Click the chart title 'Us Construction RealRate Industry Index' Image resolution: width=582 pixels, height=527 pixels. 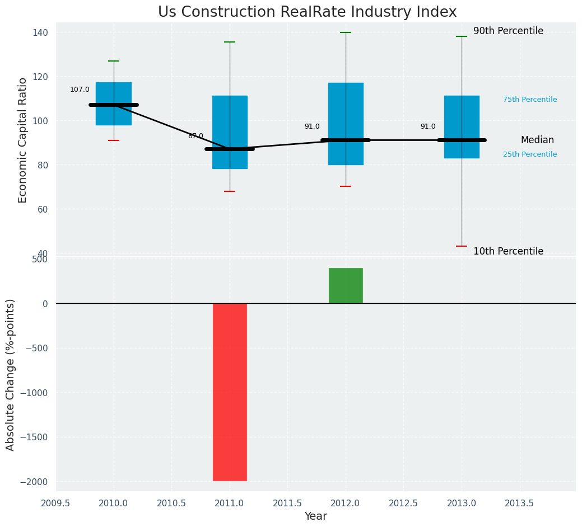click(x=307, y=12)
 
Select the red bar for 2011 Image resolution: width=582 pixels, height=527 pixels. click(x=230, y=392)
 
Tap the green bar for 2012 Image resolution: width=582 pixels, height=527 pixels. click(x=346, y=286)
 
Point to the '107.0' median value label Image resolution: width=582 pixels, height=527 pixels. click(x=80, y=90)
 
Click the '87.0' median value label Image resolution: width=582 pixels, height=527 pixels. click(x=195, y=136)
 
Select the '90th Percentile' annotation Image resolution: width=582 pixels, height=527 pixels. click(x=508, y=31)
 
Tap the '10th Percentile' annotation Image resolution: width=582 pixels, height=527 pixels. click(x=508, y=251)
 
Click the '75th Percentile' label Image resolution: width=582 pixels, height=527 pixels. click(x=530, y=100)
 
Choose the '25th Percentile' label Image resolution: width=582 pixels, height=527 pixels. click(x=530, y=154)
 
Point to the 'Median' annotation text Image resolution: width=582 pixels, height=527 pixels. click(x=537, y=140)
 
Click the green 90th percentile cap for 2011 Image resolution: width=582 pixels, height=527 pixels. click(x=230, y=42)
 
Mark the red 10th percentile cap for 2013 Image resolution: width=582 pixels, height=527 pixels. click(x=462, y=246)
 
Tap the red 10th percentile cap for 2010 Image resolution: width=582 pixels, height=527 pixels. click(x=114, y=140)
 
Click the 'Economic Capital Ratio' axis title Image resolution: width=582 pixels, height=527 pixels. click(x=23, y=140)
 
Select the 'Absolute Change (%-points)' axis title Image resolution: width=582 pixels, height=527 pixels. click(x=11, y=374)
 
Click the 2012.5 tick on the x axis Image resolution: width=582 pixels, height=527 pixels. click(x=403, y=503)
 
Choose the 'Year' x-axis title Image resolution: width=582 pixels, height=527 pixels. click(x=316, y=516)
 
